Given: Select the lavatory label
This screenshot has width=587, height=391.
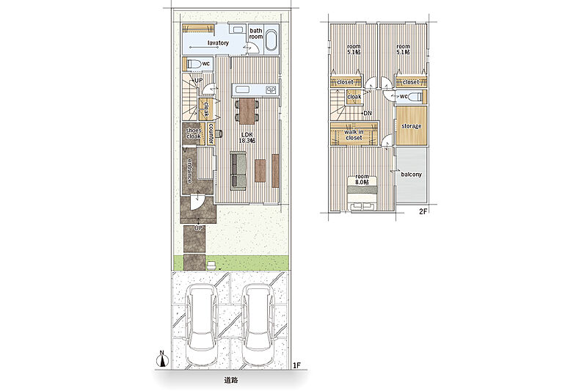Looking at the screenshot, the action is [x=218, y=43].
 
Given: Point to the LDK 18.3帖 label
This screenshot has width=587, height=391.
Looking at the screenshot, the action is [x=247, y=138].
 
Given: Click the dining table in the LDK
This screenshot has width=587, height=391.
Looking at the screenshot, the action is [x=247, y=111].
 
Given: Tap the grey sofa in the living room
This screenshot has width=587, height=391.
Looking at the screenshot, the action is [x=238, y=171].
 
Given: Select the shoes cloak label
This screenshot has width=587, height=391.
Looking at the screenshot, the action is [x=194, y=134].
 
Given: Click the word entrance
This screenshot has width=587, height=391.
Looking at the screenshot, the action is [x=190, y=171].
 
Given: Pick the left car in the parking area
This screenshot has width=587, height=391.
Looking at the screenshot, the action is [x=201, y=324].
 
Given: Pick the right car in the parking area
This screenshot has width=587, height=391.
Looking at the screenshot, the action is [x=258, y=324].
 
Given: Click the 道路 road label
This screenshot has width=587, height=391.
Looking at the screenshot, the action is [x=231, y=380].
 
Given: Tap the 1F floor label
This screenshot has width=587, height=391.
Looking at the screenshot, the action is [x=296, y=365].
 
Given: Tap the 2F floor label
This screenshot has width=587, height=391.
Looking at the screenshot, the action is [x=423, y=211].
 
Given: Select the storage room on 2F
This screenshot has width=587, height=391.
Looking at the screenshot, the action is [x=412, y=126].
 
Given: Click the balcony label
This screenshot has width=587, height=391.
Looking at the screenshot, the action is [x=412, y=175].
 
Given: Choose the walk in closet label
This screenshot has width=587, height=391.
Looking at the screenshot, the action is [x=354, y=135].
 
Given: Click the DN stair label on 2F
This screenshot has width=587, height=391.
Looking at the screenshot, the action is [x=368, y=113].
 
